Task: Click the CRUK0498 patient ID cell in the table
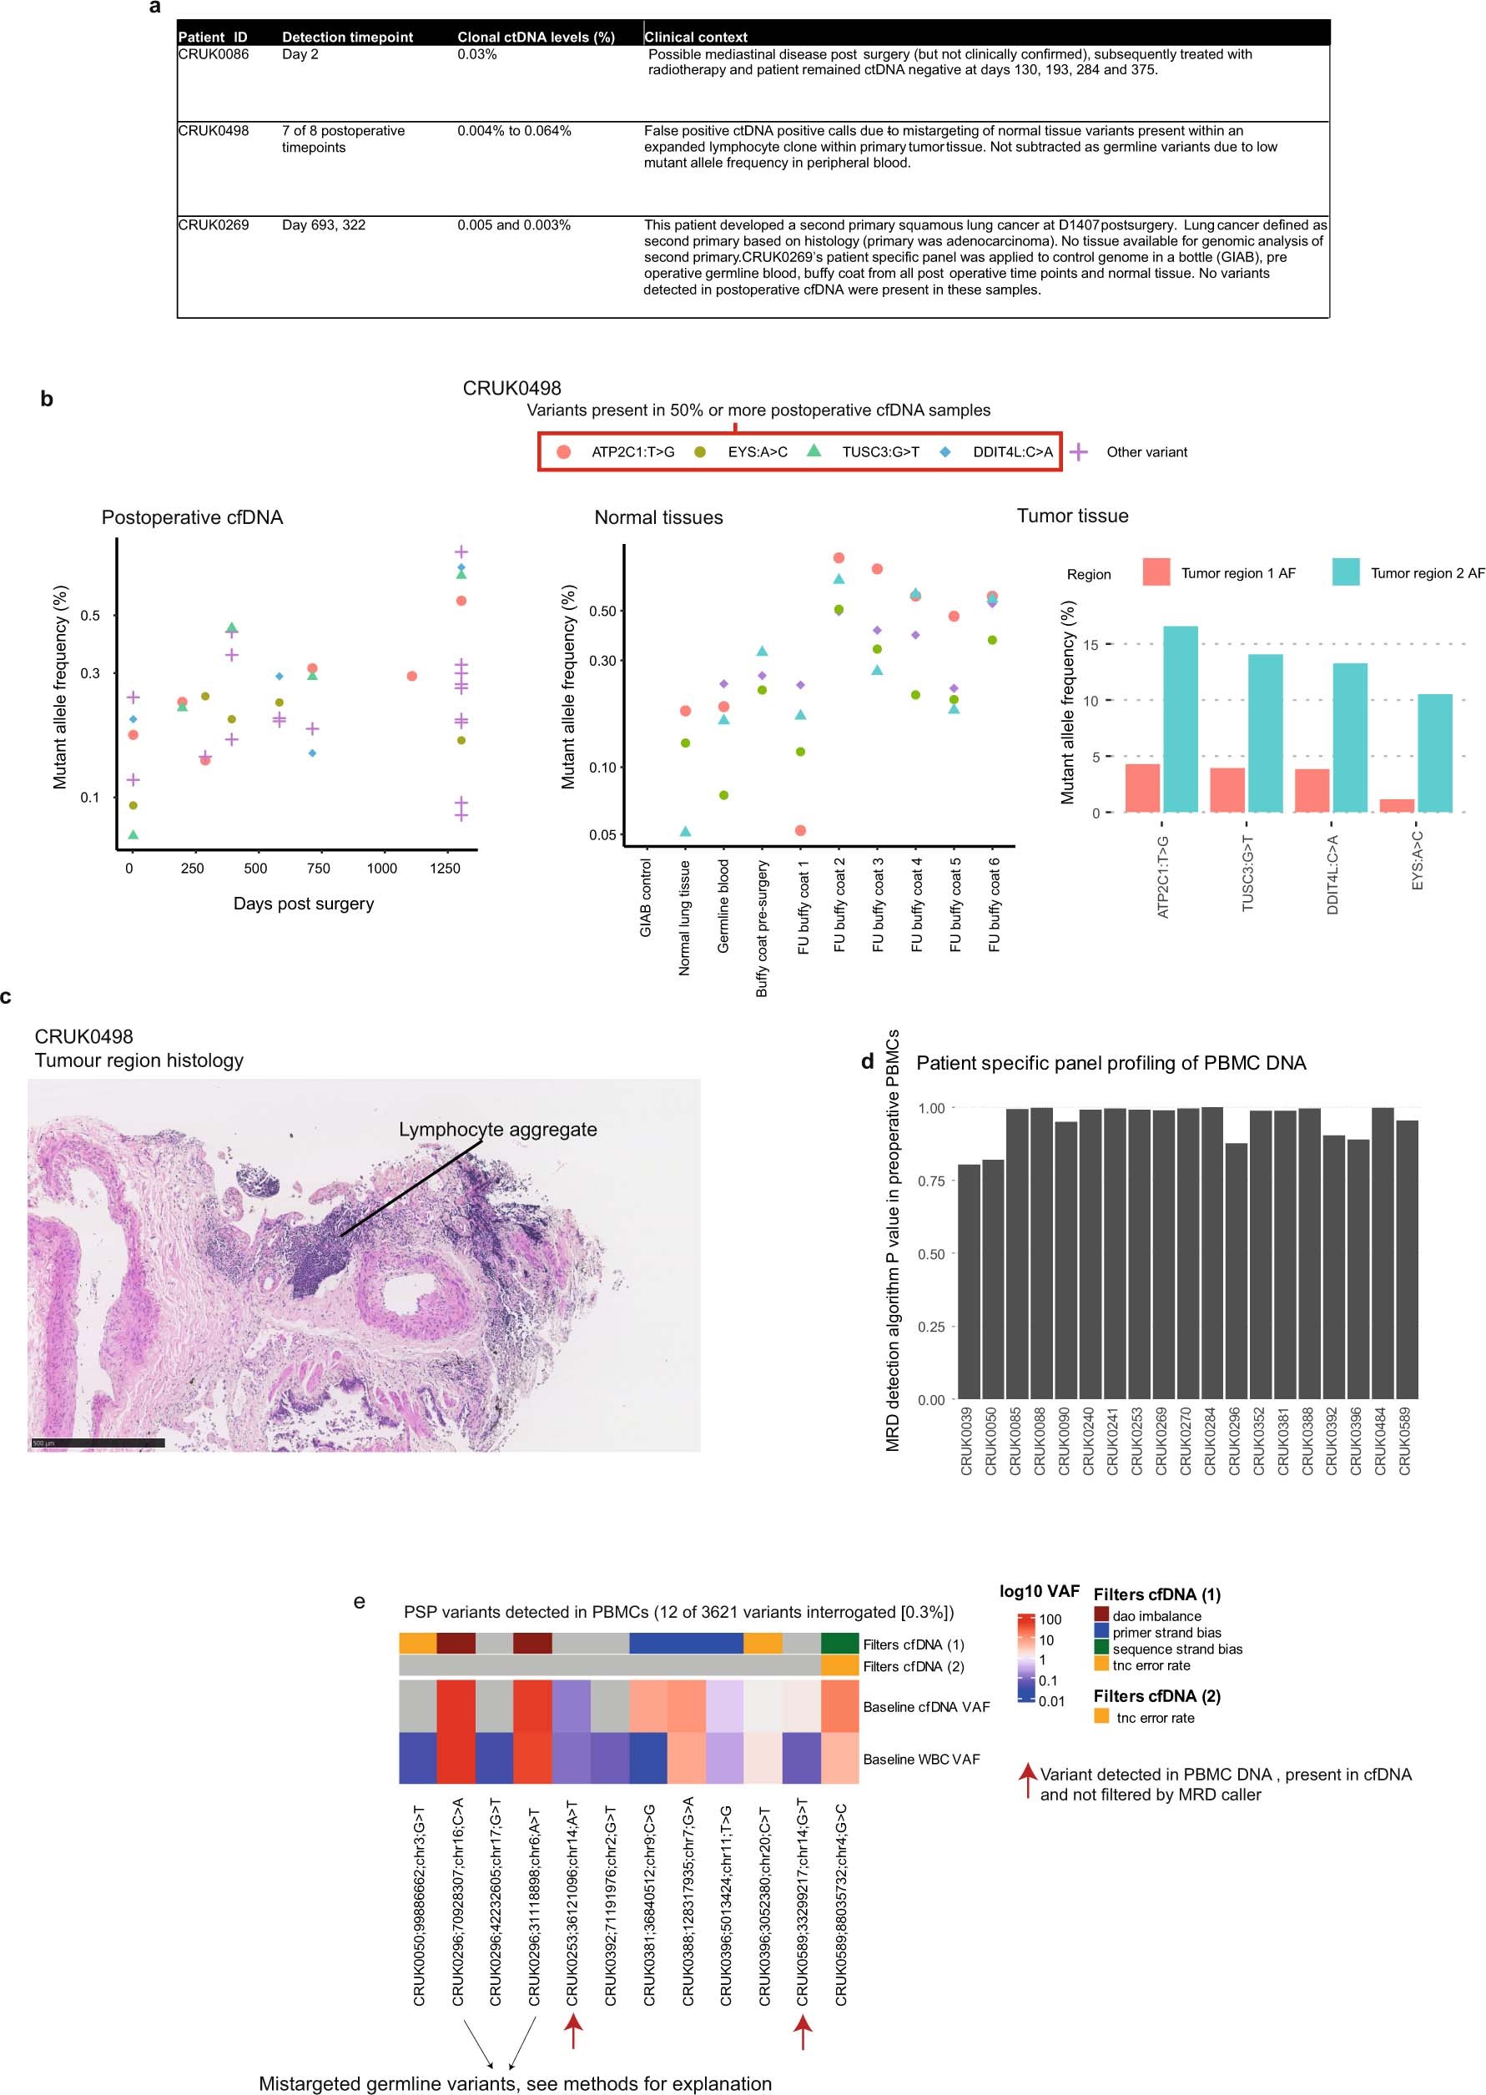tap(214, 131)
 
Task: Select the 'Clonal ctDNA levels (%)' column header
tap(536, 38)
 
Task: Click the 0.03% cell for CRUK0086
tap(476, 55)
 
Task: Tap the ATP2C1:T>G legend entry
tap(632, 452)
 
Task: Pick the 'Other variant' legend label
tap(1146, 452)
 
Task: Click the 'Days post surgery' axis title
tap(303, 904)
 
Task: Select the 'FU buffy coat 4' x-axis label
tap(917, 906)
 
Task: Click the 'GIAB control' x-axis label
tap(646, 898)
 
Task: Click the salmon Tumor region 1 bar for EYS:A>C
tap(1397, 805)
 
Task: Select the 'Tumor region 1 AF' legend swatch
tap(1156, 572)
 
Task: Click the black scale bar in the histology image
tap(97, 1443)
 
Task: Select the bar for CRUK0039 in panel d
tap(968, 1281)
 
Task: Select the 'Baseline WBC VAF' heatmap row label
tap(920, 1760)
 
